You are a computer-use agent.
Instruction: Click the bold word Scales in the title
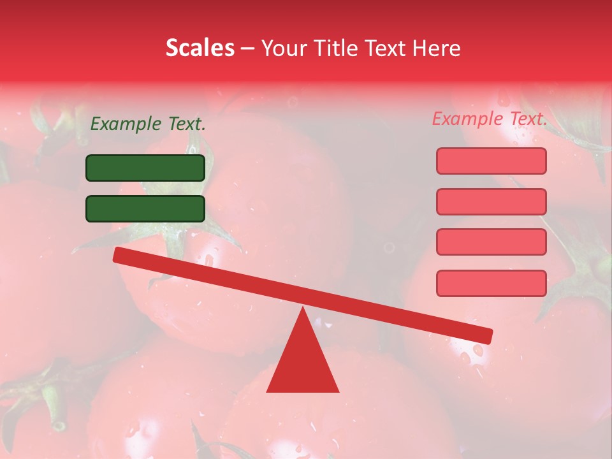pos(200,48)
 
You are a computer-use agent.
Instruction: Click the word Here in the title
pos(437,48)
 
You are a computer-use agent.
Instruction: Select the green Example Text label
pos(148,124)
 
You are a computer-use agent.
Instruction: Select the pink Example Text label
pos(490,119)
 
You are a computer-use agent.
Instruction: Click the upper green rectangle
pos(145,168)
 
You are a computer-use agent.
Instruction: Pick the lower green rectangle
pos(145,208)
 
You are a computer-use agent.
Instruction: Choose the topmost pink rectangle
pos(491,161)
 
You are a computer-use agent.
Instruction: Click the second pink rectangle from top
pos(491,201)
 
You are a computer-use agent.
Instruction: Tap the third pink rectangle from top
pos(491,242)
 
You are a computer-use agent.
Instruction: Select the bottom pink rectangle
pos(491,283)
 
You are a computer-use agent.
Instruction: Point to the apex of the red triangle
pos(303,309)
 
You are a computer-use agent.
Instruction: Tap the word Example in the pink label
pos(467,119)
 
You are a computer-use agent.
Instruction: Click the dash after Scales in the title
pos(248,48)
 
